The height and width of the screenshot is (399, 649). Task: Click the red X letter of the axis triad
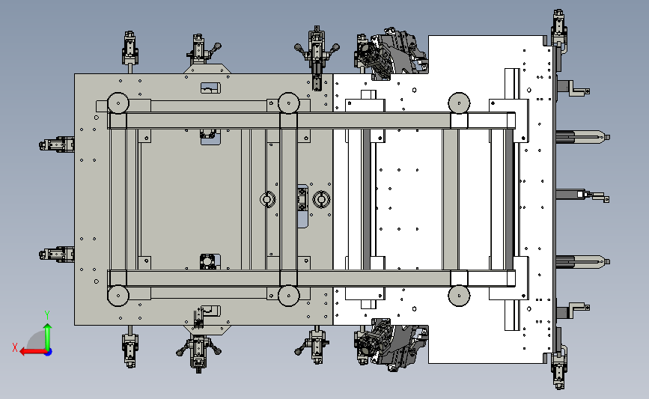coord(15,347)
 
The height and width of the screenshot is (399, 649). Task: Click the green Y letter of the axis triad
coord(47,315)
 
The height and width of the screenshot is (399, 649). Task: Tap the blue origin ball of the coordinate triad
coord(49,353)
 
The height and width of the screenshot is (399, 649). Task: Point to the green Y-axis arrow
coord(48,336)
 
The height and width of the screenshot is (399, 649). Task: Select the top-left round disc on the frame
coord(118,103)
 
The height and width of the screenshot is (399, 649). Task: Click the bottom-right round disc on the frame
coord(459,296)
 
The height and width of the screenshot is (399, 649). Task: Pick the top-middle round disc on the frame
coord(288,103)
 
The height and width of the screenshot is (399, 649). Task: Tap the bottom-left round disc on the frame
coord(118,296)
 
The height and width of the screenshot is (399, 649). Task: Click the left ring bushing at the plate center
coord(267,200)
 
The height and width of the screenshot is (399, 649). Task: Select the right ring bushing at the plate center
coord(321,200)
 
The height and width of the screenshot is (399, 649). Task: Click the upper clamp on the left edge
coord(57,144)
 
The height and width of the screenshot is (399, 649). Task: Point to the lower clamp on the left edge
coord(57,254)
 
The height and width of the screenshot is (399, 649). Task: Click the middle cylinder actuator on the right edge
coord(582,195)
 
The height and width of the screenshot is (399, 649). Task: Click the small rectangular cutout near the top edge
coord(210,88)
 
